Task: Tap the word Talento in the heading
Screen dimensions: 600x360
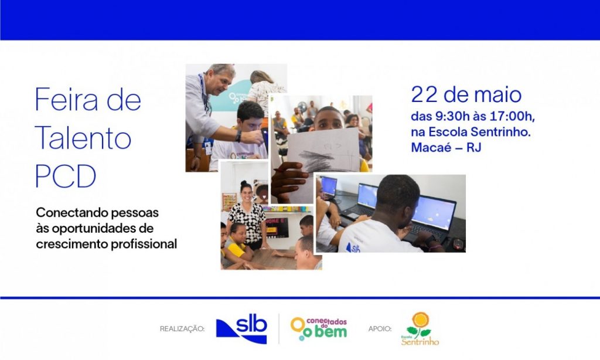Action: pyautogui.click(x=83, y=138)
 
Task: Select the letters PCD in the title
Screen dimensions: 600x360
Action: pyautogui.click(x=66, y=176)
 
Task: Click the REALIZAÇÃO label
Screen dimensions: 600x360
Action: pyautogui.click(x=182, y=329)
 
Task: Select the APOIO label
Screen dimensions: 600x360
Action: pyautogui.click(x=380, y=329)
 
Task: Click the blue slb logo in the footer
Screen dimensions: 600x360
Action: pyautogui.click(x=241, y=328)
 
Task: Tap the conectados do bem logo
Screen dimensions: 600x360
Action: pyautogui.click(x=319, y=328)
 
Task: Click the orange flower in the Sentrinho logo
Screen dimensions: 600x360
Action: pyautogui.click(x=421, y=320)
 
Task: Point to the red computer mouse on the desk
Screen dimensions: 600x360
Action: pyautogui.click(x=458, y=244)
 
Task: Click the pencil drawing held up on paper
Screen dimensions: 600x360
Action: pyautogui.click(x=323, y=151)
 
